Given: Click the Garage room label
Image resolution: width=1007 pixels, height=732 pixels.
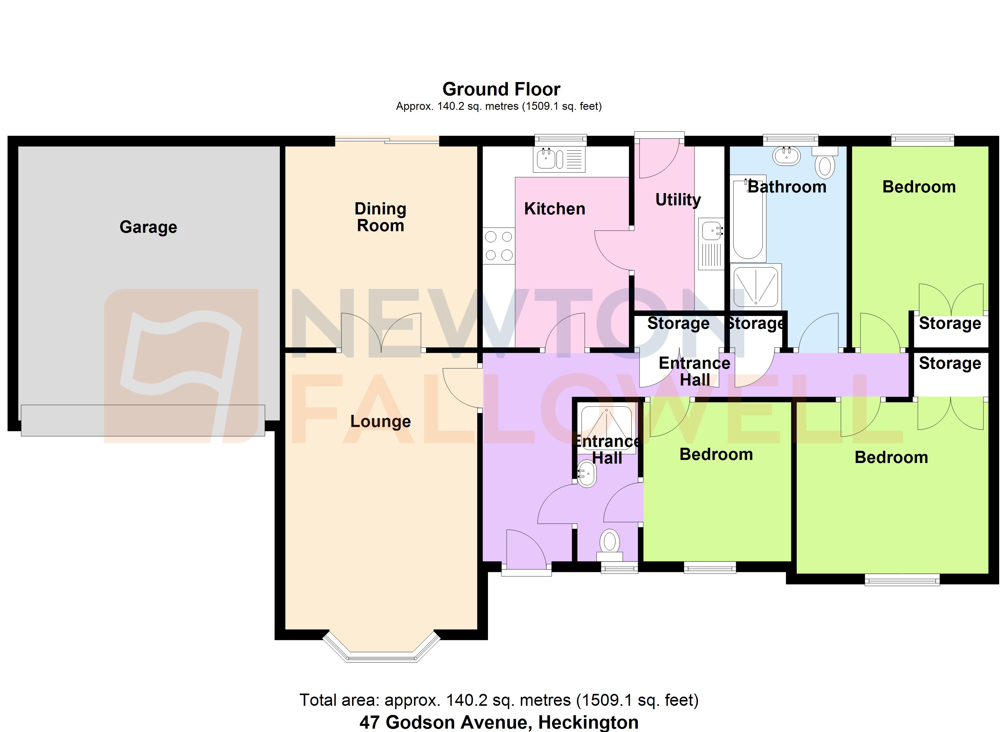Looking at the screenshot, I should [148, 227].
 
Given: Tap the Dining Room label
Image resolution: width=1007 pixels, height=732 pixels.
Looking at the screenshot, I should [381, 217].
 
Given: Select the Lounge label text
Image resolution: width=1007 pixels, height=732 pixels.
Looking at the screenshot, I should [381, 421].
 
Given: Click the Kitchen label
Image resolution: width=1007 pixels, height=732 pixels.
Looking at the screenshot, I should [554, 209].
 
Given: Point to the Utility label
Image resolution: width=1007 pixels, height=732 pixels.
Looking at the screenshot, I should [678, 200].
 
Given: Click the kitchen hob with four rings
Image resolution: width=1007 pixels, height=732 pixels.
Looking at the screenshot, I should [499, 246].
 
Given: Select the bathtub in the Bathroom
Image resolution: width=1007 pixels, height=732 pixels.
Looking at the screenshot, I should [748, 217].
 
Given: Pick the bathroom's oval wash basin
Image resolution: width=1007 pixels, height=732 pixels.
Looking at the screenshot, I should [786, 156].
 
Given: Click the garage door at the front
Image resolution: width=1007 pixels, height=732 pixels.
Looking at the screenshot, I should [143, 420].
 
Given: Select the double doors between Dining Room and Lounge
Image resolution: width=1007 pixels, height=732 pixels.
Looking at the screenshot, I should [381, 333].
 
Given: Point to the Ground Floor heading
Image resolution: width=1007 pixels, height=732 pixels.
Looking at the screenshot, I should [501, 89].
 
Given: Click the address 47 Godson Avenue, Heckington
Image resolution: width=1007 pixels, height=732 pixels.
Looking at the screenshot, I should [499, 722].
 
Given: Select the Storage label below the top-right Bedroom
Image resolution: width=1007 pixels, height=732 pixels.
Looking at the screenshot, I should [950, 323].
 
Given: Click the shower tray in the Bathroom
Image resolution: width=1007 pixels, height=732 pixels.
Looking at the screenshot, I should [755, 287].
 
